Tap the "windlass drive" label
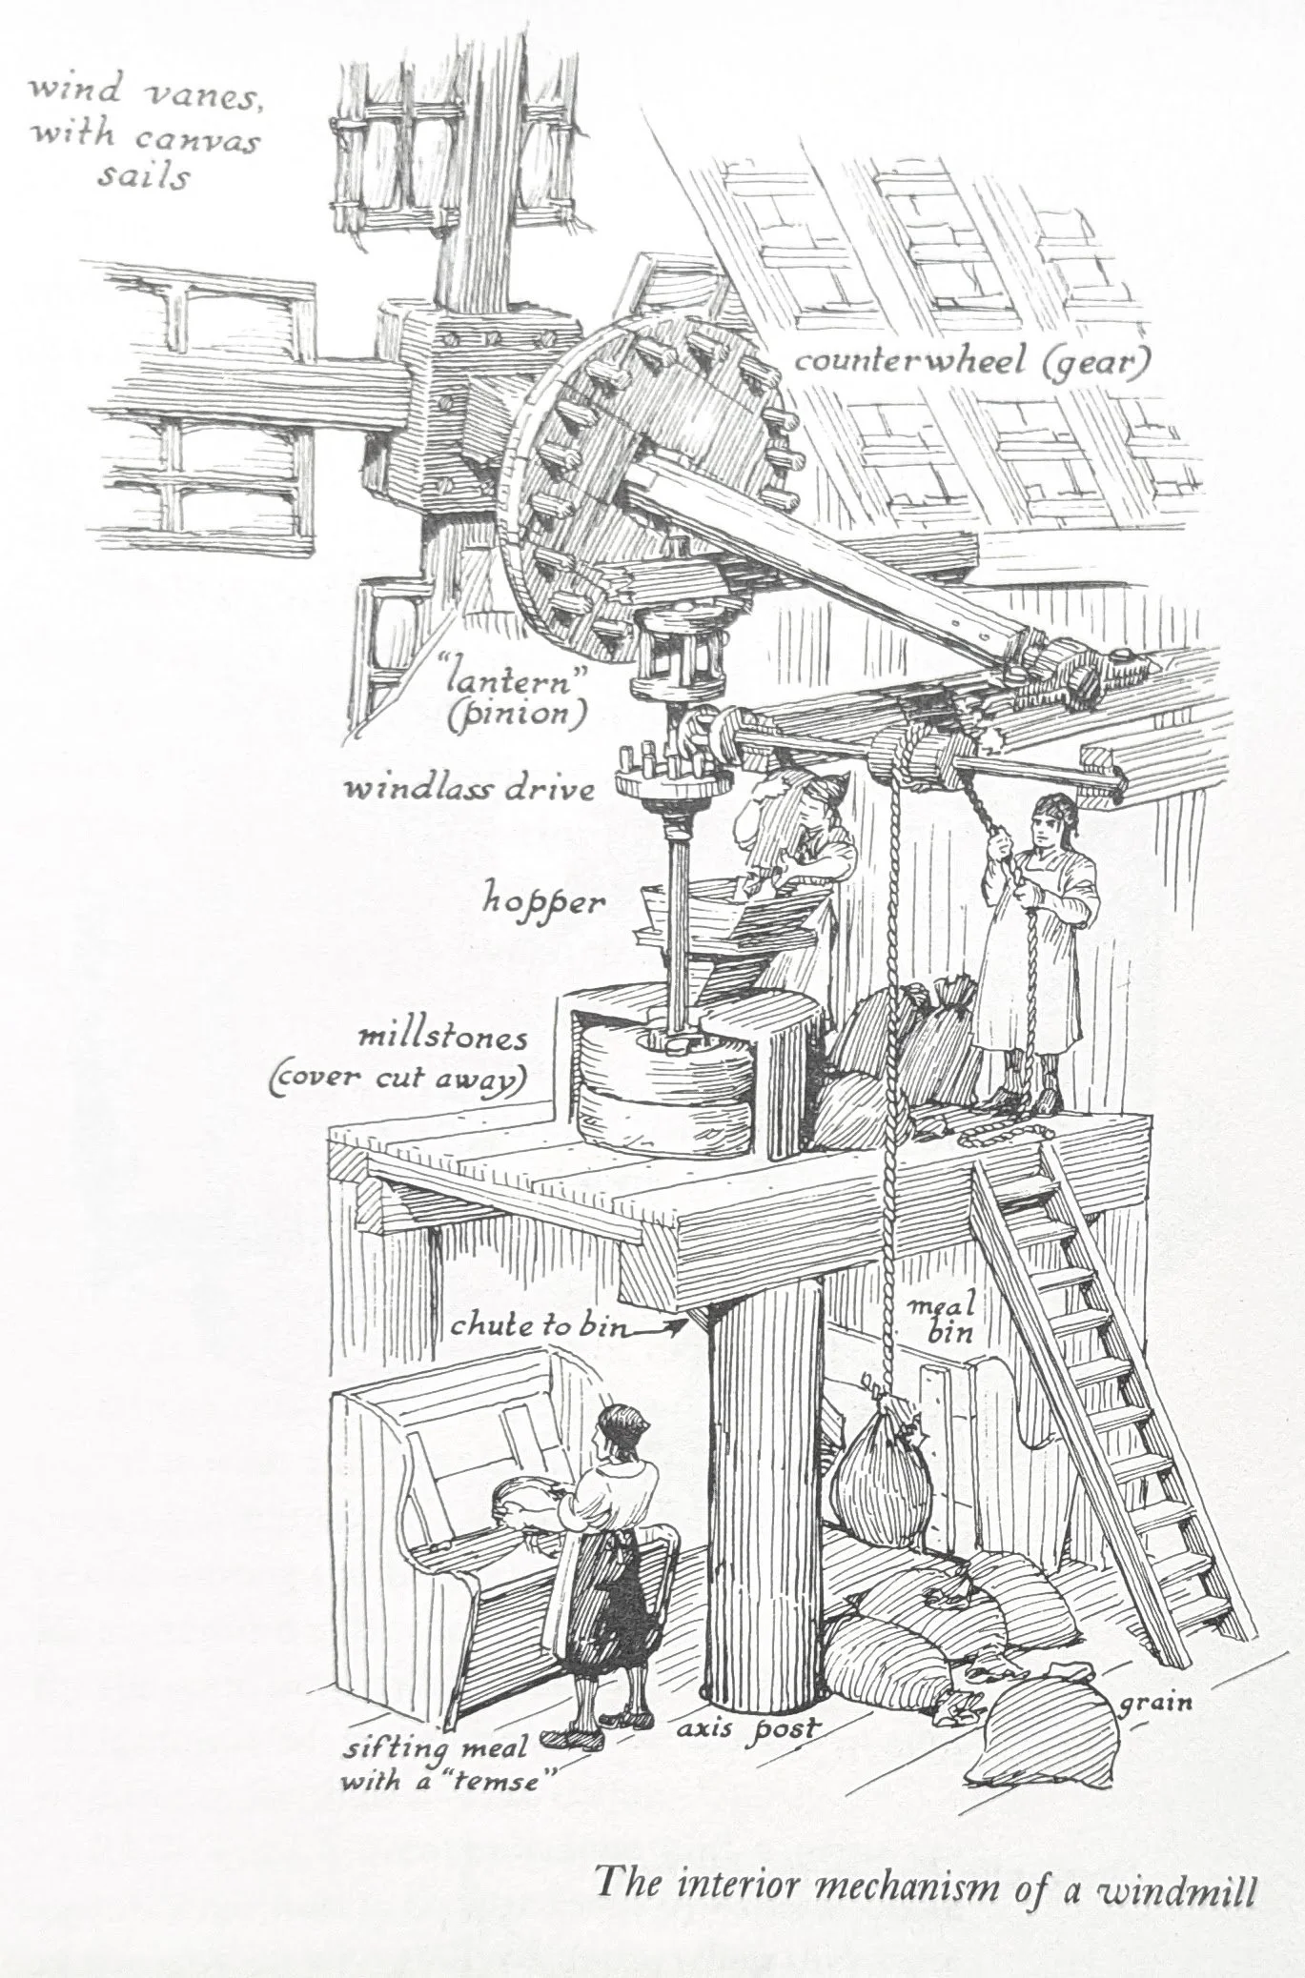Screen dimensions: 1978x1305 469,790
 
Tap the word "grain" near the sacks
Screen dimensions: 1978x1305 1157,1701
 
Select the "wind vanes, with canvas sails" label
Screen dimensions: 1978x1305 143,133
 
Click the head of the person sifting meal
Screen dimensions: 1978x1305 621,1424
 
